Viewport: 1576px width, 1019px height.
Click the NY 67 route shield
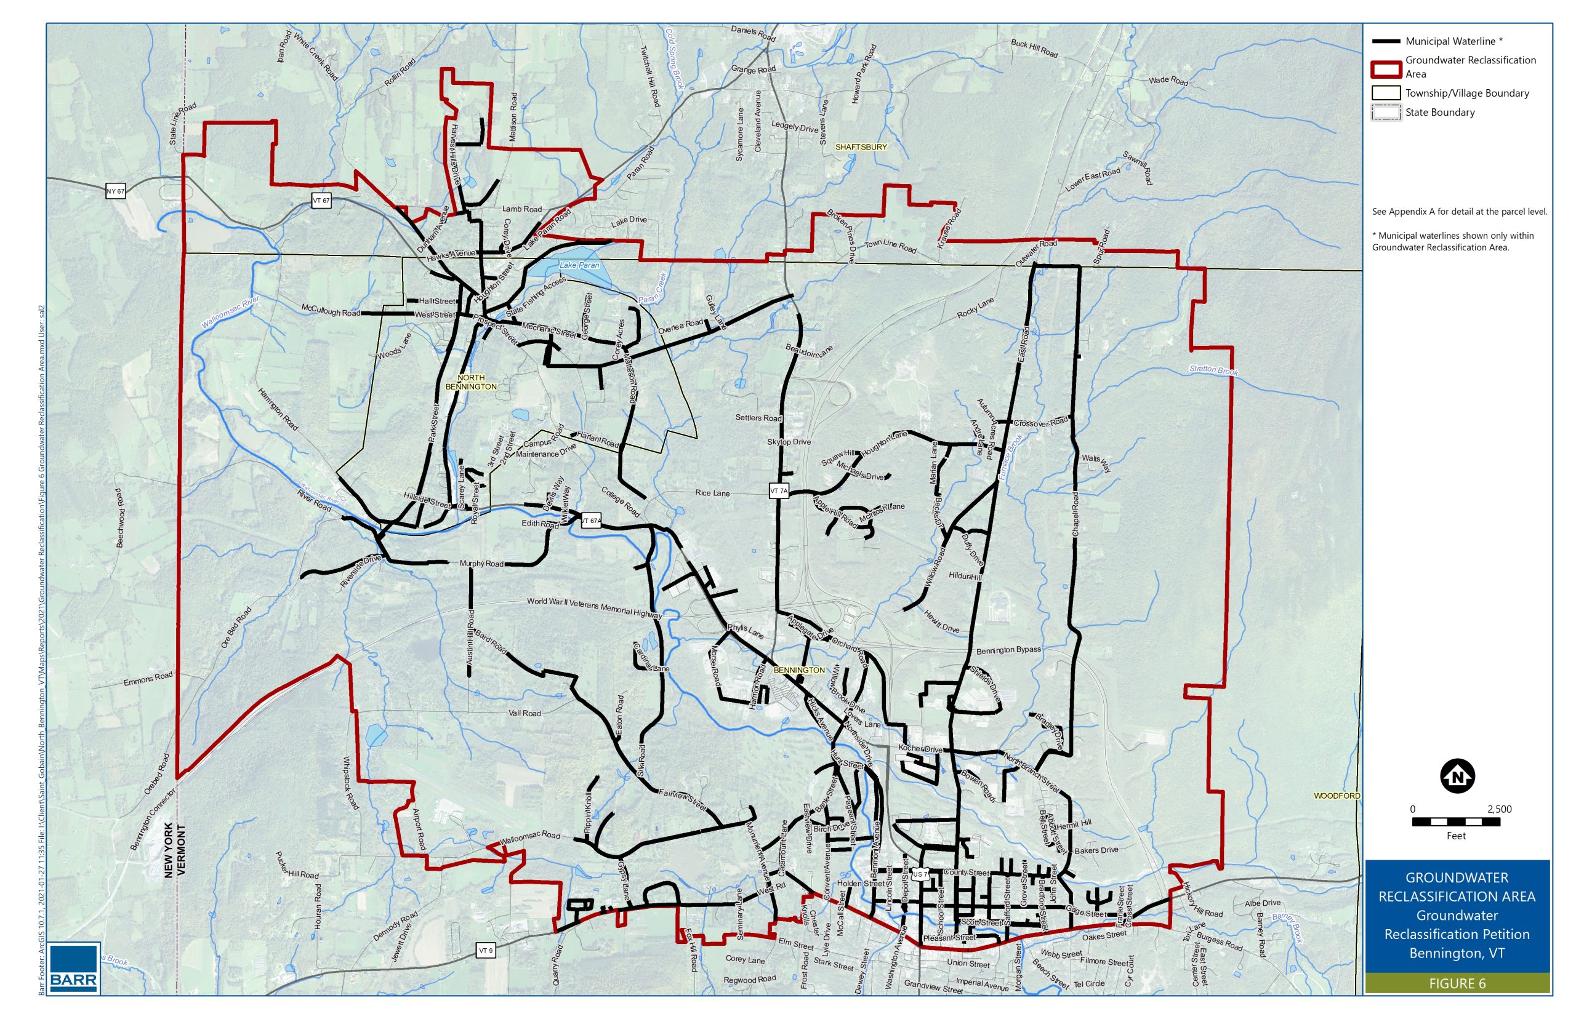(x=115, y=191)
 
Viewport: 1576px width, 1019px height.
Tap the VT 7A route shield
(x=778, y=491)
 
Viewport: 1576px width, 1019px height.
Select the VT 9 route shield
(x=485, y=950)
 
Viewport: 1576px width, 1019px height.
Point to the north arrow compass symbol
(x=1457, y=776)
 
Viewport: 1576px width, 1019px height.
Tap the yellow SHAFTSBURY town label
(x=861, y=147)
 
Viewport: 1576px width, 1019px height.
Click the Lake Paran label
(x=580, y=265)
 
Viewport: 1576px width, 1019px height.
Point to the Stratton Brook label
(x=1213, y=370)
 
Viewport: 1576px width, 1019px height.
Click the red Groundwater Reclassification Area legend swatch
(x=1385, y=68)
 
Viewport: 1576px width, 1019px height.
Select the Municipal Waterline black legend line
(x=1385, y=41)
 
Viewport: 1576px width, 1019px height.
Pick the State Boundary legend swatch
(x=1385, y=113)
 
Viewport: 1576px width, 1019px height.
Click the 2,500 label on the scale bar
(x=1499, y=809)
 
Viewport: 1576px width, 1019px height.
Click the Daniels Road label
(x=752, y=33)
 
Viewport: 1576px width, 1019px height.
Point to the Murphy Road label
(x=481, y=564)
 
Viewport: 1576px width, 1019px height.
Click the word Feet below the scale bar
(x=1456, y=836)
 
